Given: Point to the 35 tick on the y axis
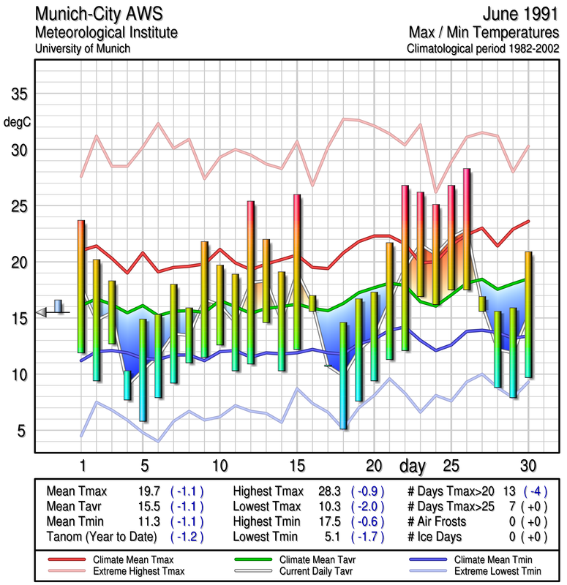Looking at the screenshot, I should coord(18,95).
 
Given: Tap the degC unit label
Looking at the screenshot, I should coord(18,122).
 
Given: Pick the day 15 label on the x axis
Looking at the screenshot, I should coord(296,465).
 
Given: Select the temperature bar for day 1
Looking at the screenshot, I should coord(81,286).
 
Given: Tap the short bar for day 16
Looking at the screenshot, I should coord(312,303).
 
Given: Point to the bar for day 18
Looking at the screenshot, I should coord(343,375).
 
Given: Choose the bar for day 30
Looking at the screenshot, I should coord(528,314).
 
